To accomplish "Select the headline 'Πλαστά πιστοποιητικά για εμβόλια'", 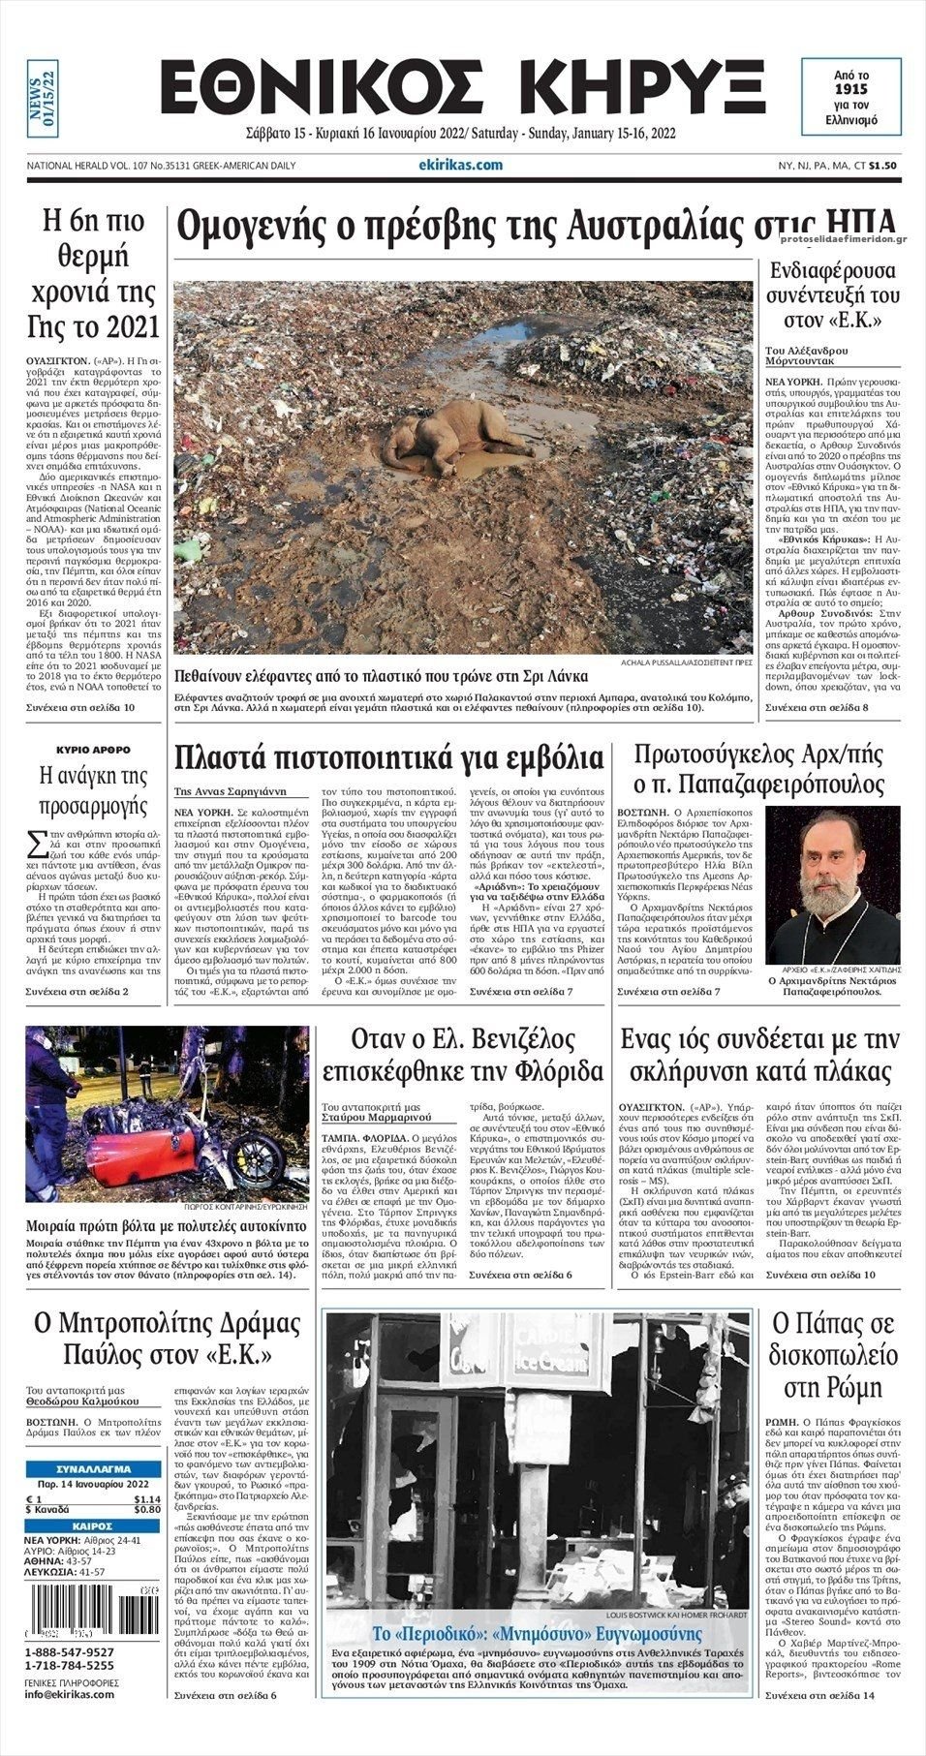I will pos(388,756).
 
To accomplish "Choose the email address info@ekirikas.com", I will pos(69,1693).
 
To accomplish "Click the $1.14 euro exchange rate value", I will pos(147,1498).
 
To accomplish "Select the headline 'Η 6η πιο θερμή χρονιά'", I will pos(94,274).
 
